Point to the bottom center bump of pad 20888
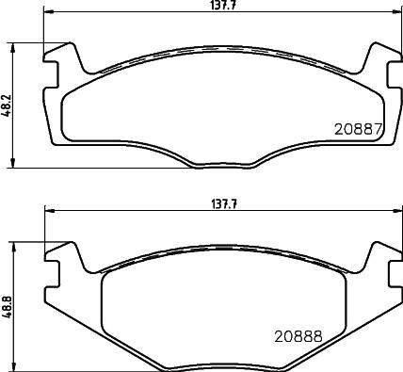point(218,365)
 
